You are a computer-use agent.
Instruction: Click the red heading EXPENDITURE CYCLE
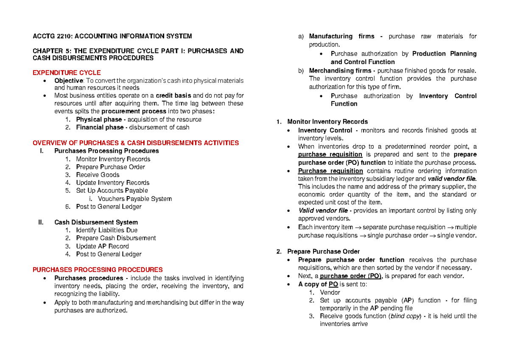pos(67,73)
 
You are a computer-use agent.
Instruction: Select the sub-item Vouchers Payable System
pos(134,199)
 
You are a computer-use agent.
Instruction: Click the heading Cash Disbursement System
pos(96,222)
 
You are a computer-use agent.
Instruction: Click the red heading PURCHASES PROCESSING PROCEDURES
pos(98,270)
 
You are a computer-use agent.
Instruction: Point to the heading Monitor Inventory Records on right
pos(327,122)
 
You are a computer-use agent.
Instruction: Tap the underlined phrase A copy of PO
pos(318,284)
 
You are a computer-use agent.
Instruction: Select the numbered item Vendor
pos(330,292)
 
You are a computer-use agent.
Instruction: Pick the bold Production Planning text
pos(444,53)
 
